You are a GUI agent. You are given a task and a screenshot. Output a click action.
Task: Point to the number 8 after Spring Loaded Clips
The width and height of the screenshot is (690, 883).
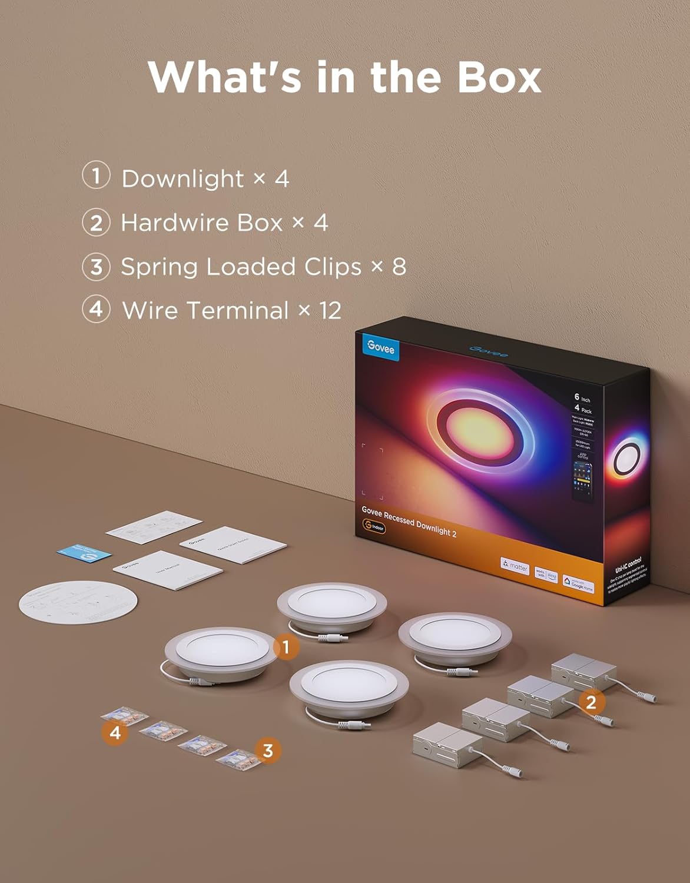point(399,267)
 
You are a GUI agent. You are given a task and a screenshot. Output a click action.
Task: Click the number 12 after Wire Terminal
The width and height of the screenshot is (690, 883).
point(330,311)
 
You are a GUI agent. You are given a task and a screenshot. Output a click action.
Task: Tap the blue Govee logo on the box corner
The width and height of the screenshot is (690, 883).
point(380,346)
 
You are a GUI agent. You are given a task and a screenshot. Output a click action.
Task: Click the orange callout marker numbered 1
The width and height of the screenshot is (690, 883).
point(286,648)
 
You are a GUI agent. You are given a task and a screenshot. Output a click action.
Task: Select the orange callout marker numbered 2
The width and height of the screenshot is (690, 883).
point(591,702)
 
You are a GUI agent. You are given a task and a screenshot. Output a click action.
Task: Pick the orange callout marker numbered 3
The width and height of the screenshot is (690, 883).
point(268,751)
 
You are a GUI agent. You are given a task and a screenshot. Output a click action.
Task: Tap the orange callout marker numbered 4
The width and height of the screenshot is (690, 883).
point(115,733)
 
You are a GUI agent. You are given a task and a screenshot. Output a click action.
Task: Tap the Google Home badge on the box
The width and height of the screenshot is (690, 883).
point(578,584)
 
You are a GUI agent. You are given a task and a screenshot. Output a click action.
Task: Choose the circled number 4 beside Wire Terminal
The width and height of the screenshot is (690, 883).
point(95,310)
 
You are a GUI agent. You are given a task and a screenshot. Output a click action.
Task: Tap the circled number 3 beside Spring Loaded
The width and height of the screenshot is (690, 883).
point(95,267)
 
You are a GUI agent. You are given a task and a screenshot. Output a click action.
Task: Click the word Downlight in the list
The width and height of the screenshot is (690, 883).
point(183,179)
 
